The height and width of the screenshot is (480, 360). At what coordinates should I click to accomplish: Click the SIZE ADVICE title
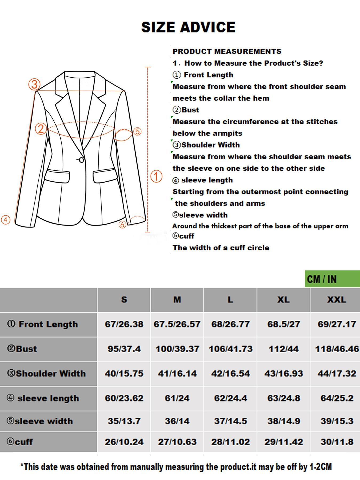tap(188, 27)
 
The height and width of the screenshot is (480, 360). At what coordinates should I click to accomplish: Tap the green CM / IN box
tap(332, 279)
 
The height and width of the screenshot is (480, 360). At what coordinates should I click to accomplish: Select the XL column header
tap(283, 300)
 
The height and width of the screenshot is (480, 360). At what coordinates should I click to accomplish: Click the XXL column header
tap(337, 300)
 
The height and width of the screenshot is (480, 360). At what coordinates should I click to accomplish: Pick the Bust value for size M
tap(177, 349)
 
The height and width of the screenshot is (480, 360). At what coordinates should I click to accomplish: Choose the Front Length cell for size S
tap(124, 324)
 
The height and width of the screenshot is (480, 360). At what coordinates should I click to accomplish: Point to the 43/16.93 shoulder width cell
tap(283, 373)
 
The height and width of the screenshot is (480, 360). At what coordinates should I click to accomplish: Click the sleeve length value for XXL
tap(337, 398)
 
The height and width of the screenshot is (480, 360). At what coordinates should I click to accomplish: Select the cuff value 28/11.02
tap(230, 442)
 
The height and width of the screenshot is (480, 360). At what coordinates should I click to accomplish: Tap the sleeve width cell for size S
tap(124, 421)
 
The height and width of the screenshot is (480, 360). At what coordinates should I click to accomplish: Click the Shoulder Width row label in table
tap(47, 373)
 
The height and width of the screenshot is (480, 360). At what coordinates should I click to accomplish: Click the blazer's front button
tap(81, 160)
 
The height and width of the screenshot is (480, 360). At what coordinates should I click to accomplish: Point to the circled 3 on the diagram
tap(34, 85)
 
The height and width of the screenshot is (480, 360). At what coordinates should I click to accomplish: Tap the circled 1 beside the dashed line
tap(157, 176)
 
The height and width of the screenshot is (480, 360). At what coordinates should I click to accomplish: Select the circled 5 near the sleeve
tap(137, 131)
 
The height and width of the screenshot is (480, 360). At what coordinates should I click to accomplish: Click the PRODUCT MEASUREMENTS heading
tap(227, 51)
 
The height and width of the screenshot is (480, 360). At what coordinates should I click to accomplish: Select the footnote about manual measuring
tap(176, 467)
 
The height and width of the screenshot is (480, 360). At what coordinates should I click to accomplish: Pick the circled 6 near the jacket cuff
tap(122, 225)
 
